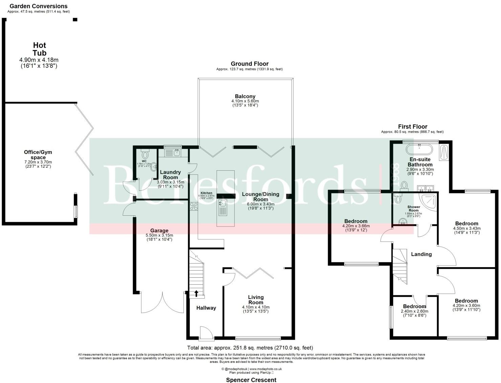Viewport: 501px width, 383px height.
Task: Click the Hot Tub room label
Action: (x=39, y=49)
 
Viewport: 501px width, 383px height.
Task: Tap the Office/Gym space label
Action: (x=38, y=155)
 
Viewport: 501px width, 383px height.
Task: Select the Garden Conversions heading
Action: (x=38, y=6)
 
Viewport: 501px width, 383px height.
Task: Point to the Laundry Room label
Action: (x=170, y=175)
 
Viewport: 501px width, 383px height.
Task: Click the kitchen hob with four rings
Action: (x=194, y=206)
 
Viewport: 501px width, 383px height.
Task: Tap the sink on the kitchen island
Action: (x=223, y=204)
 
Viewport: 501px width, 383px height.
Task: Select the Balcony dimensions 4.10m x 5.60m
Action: (x=245, y=101)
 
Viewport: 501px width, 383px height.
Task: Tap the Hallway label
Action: (x=206, y=308)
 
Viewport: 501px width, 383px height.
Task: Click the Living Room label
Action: (x=256, y=300)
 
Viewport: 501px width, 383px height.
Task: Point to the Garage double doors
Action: (x=163, y=302)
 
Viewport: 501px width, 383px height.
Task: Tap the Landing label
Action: (x=421, y=254)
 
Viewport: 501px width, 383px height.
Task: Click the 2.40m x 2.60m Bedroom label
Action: (x=414, y=306)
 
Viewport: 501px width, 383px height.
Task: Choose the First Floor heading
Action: (x=412, y=126)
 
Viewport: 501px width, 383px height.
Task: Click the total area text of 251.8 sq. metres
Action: (x=250, y=347)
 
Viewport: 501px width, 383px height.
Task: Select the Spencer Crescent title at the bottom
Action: (x=251, y=380)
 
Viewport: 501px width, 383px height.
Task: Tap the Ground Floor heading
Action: (x=249, y=64)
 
